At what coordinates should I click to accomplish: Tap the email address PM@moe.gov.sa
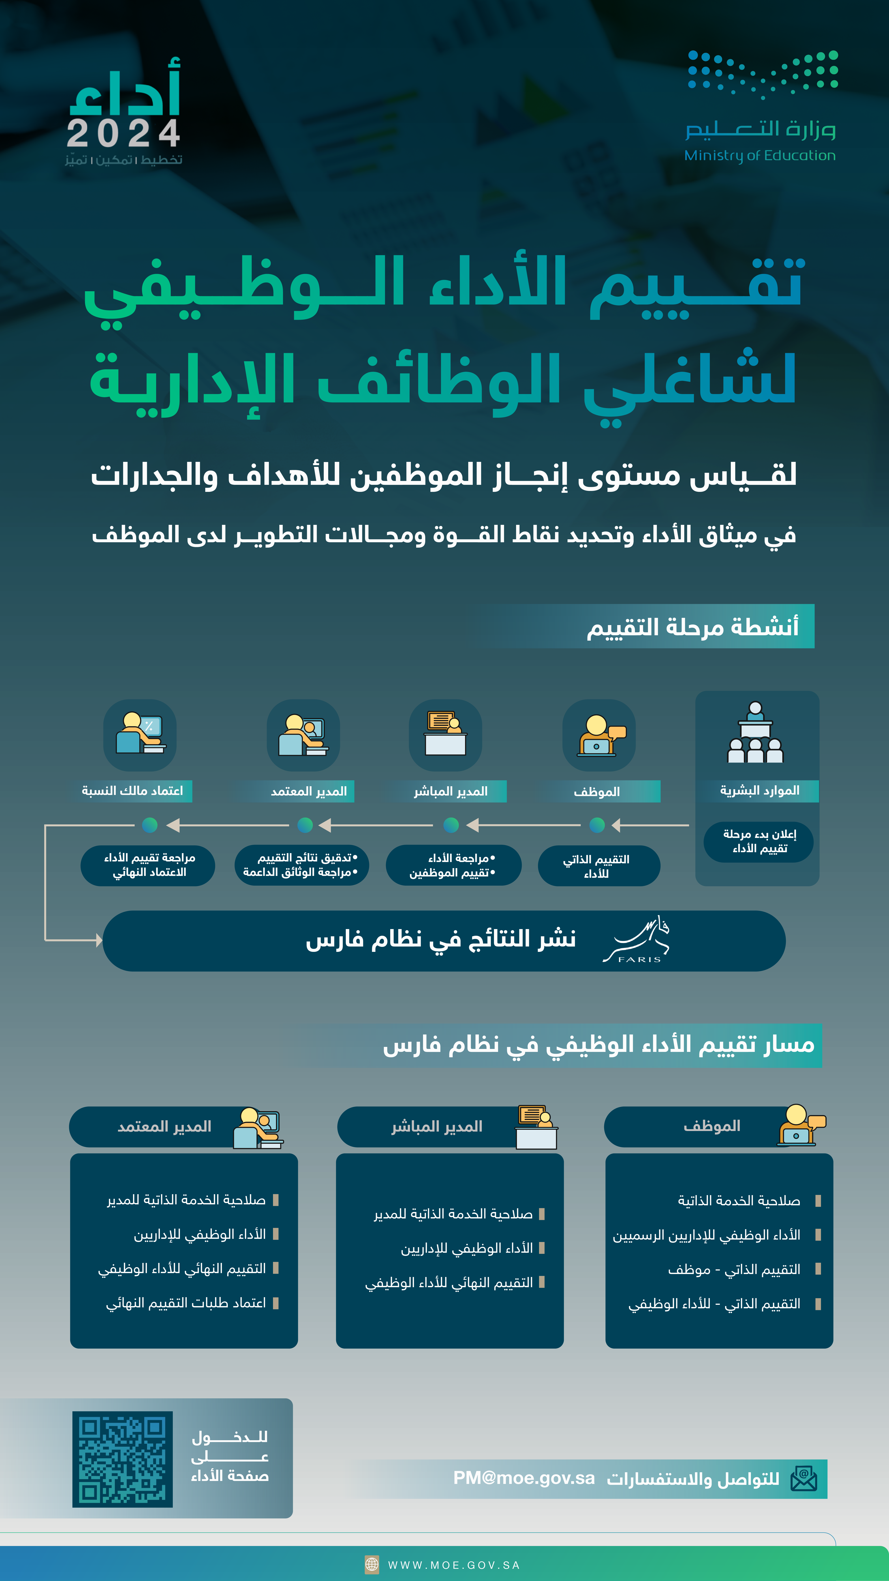(524, 1478)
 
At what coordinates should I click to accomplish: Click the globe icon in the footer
(372, 1565)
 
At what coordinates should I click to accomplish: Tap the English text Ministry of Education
(760, 155)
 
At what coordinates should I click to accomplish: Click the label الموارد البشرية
(760, 790)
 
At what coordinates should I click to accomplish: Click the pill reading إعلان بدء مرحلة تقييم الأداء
(759, 841)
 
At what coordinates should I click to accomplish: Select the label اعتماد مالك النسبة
(133, 790)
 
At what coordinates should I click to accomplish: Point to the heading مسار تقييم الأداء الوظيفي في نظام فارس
(598, 1045)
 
